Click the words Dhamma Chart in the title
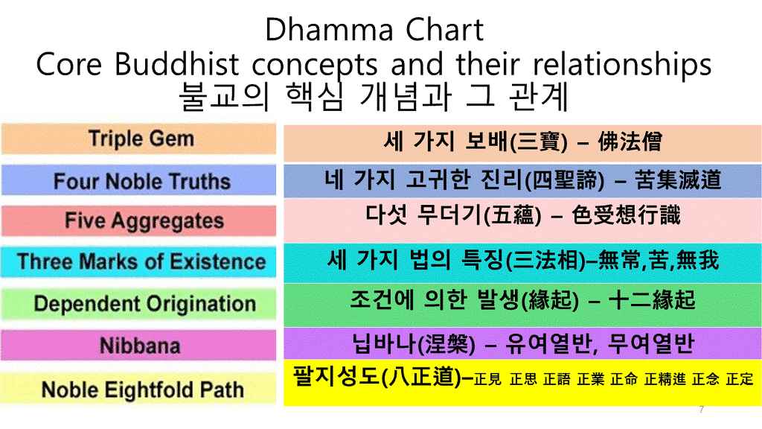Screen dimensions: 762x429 coord(374,30)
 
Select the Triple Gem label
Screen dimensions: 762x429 coord(141,139)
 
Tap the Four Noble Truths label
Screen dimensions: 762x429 coord(142,181)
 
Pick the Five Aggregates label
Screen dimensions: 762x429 coord(144,221)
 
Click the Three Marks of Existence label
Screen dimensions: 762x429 coord(141,261)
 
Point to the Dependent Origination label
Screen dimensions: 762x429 coord(145,304)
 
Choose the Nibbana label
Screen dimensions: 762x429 coord(140,346)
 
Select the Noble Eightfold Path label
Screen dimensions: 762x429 coord(143,390)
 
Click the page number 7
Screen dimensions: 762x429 coord(701,410)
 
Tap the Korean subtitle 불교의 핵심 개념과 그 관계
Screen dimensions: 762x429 coord(374,96)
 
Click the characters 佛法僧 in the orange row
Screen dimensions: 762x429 coord(630,142)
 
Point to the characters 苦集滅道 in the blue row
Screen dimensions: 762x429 coord(678,180)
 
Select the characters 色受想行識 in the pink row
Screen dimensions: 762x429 coord(626,215)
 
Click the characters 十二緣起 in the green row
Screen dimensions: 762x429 coord(652,299)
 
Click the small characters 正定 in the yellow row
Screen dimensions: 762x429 coord(740,379)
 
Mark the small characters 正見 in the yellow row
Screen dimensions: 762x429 coord(487,379)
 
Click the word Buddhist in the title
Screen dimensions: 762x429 coord(177,64)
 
